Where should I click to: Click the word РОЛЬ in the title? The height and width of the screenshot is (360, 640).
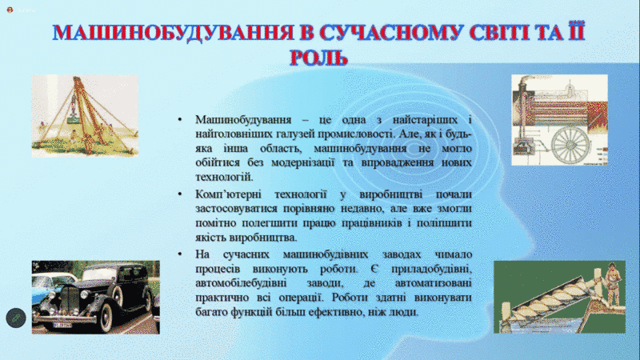318,58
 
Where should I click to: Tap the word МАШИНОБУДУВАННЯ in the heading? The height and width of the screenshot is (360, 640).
173,33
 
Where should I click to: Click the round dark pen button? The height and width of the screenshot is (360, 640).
16,318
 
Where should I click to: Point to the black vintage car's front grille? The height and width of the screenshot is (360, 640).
70,300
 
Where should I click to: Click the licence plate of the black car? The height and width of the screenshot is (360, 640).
62,326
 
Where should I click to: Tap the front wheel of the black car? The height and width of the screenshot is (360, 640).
105,318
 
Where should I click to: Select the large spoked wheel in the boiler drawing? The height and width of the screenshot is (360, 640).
570,146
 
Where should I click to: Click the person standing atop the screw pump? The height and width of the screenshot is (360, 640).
611,282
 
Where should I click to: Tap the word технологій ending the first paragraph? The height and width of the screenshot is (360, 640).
224,177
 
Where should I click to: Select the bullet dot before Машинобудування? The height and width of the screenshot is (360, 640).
180,119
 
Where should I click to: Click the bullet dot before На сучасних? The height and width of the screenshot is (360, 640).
180,254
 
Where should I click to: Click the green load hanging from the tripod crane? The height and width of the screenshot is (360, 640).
74,119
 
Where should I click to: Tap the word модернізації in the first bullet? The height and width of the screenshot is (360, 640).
303,163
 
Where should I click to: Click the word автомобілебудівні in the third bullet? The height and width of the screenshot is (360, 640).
241,283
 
